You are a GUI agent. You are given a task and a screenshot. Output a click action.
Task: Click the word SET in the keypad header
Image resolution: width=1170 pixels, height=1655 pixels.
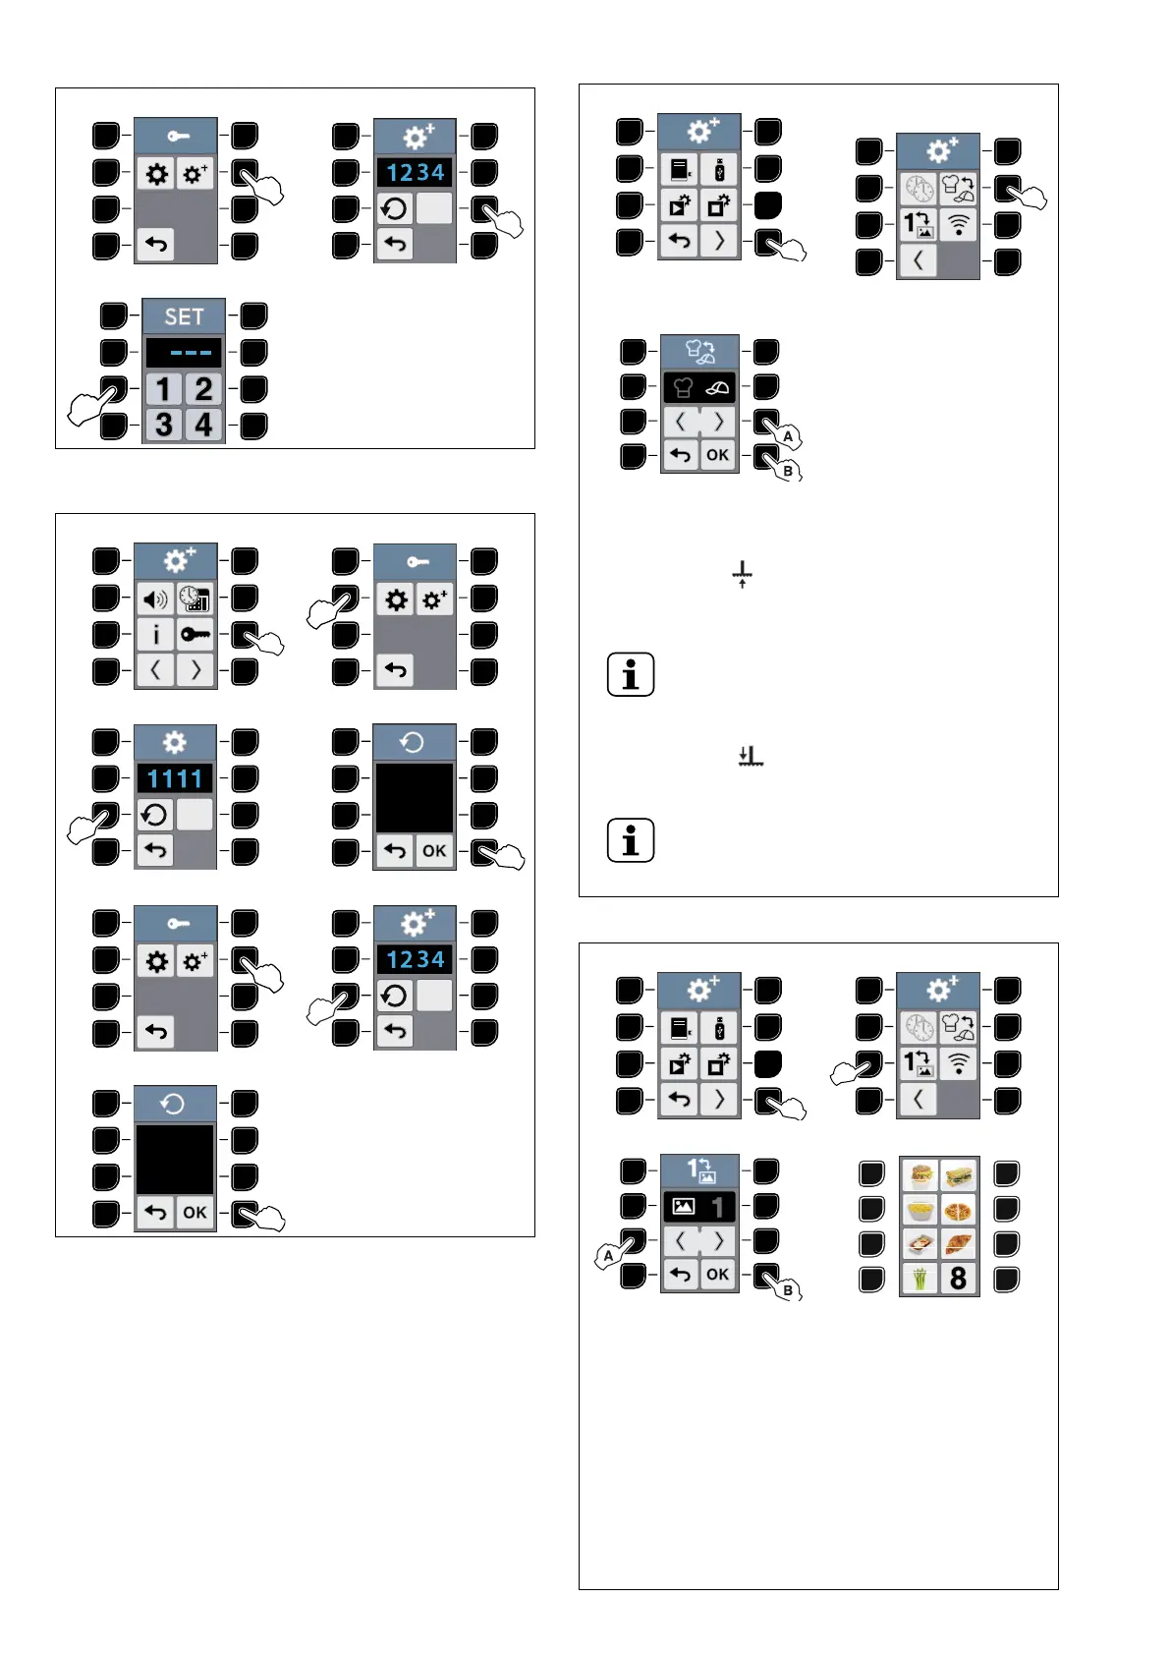pos(184,316)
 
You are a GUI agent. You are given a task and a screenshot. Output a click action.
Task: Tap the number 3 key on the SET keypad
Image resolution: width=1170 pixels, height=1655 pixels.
pos(164,425)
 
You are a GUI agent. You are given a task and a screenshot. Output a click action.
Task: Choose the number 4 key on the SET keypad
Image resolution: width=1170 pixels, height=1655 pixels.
pos(203,425)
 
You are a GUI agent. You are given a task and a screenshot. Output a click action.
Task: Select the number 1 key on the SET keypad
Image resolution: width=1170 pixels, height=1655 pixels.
pos(164,389)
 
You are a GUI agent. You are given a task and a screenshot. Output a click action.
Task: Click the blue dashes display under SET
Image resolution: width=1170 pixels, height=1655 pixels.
pos(184,353)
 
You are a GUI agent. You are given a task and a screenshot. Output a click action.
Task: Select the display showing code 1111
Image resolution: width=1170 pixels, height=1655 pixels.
pos(175,779)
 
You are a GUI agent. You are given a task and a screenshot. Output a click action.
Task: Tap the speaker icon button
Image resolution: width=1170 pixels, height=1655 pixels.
pos(155,599)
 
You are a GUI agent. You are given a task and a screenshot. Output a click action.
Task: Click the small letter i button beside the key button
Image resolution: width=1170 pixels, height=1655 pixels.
pos(155,635)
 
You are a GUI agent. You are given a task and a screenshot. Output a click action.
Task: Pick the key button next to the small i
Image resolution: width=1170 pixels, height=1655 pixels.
pos(195,635)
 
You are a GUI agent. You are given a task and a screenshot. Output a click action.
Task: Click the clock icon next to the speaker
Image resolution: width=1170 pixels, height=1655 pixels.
pos(195,599)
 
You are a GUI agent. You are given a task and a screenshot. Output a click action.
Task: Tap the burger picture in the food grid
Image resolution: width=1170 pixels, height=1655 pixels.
pos(920,1175)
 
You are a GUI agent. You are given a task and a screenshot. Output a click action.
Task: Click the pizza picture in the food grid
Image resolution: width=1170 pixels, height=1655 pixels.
pos(959,1210)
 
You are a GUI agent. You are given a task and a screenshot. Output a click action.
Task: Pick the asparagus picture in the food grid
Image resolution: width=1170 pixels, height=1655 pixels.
pos(920,1279)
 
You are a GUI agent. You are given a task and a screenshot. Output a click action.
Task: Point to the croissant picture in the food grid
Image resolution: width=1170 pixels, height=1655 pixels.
pos(959,1244)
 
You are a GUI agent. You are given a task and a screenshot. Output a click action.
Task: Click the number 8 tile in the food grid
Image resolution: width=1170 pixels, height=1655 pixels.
pos(959,1279)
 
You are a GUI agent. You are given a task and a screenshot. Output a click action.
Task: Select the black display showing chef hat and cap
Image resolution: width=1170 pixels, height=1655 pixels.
pos(699,387)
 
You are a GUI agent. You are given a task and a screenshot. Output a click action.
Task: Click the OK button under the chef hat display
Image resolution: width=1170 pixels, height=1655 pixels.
pos(718,455)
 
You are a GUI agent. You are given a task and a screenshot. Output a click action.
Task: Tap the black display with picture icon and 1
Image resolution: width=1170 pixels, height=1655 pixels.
pos(699,1206)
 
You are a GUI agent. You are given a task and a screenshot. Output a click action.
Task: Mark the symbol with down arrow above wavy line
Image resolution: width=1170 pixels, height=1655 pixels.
pos(751,756)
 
